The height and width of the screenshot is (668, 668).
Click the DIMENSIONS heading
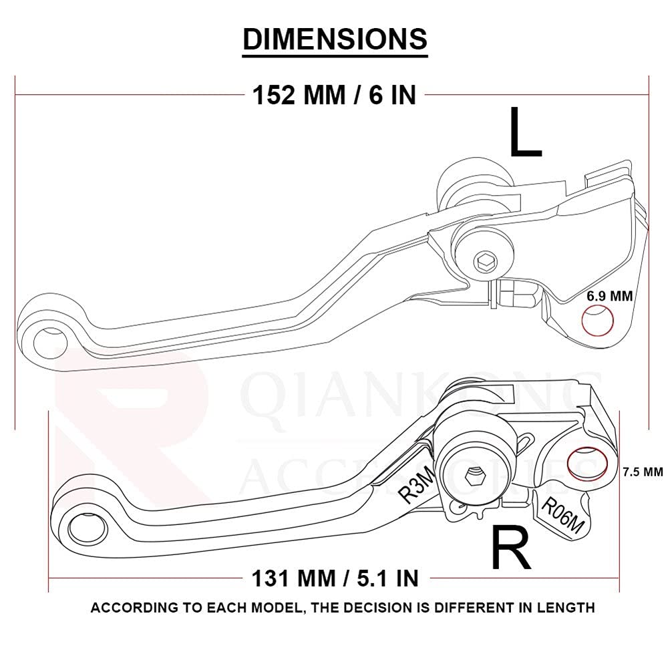point(335,39)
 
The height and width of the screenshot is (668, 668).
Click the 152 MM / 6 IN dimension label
point(334,95)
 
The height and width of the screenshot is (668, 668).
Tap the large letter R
point(511,548)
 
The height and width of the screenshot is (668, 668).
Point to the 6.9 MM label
point(609,295)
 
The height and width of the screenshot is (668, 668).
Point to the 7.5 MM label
point(642,472)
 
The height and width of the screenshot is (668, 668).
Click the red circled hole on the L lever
point(598,321)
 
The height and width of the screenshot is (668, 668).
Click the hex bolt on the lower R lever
point(475,474)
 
